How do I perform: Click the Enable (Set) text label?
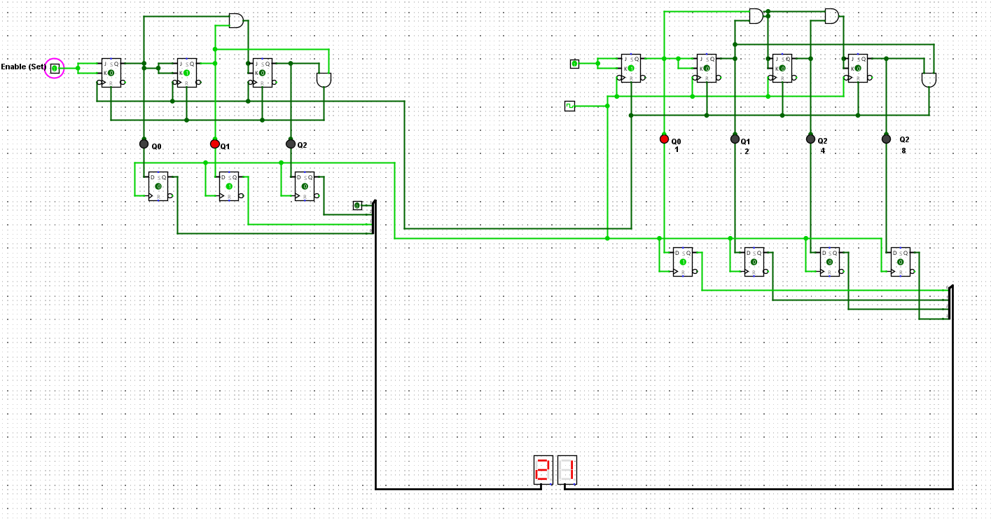point(23,67)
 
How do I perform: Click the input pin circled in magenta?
point(55,68)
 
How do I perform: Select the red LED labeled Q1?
point(215,144)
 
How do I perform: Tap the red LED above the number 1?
point(664,139)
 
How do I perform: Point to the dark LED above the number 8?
point(886,139)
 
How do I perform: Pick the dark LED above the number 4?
point(810,139)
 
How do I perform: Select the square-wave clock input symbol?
point(569,106)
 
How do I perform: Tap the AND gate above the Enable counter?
point(237,21)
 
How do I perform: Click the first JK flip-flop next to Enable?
point(111,73)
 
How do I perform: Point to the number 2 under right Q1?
point(747,151)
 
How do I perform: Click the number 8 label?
point(903,151)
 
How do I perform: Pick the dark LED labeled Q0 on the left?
point(144,144)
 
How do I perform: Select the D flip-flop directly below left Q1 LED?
point(228,187)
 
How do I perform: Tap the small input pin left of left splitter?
point(357,205)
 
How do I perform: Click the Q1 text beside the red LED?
point(226,146)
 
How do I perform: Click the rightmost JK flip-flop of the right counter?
point(857,69)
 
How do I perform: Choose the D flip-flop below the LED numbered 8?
point(900,262)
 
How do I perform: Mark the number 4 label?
point(822,151)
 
